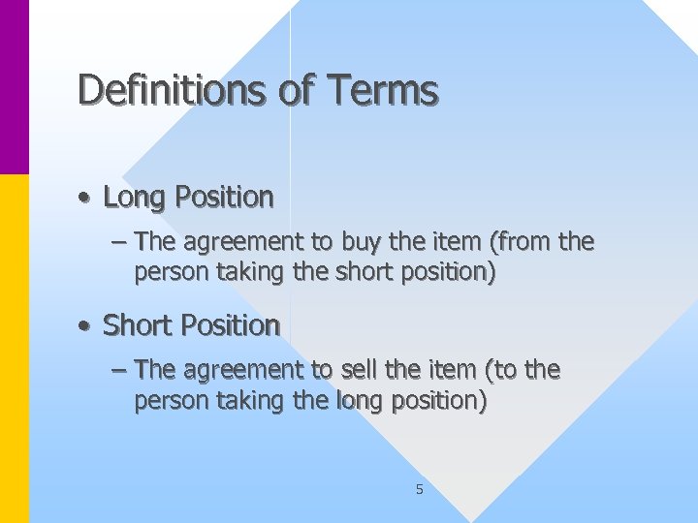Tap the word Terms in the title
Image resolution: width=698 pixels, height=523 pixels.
coord(384,90)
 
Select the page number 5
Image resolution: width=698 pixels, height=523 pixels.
coord(419,489)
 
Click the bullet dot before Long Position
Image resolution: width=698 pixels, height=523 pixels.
coord(85,199)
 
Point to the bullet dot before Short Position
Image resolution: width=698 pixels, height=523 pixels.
coord(85,326)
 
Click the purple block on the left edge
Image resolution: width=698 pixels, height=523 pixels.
coord(15,87)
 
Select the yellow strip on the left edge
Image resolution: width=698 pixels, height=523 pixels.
coord(15,349)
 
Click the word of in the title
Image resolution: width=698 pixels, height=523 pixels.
coord(296,90)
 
